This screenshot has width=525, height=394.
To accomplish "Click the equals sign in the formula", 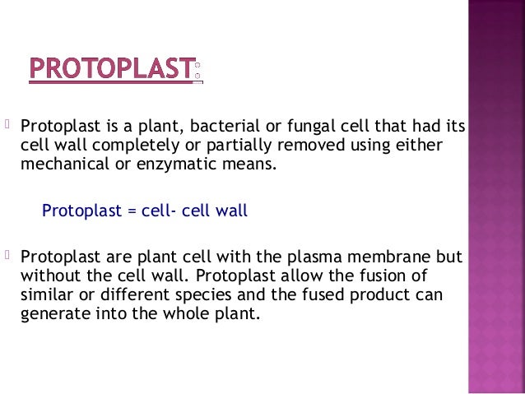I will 130,210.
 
